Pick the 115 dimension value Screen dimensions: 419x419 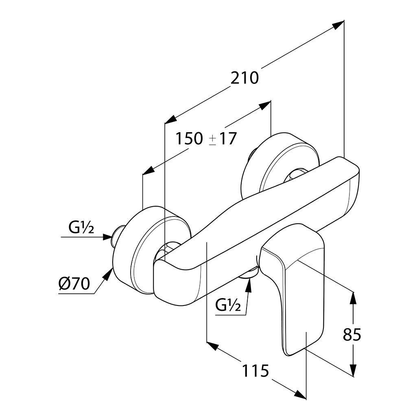pos(256,371)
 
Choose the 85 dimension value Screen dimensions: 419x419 pos(352,335)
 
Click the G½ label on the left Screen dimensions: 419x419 pos(81,228)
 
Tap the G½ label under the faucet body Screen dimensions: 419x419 pos(228,304)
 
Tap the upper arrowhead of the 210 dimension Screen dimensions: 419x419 pos(338,25)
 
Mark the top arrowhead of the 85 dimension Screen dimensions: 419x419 pos(353,298)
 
